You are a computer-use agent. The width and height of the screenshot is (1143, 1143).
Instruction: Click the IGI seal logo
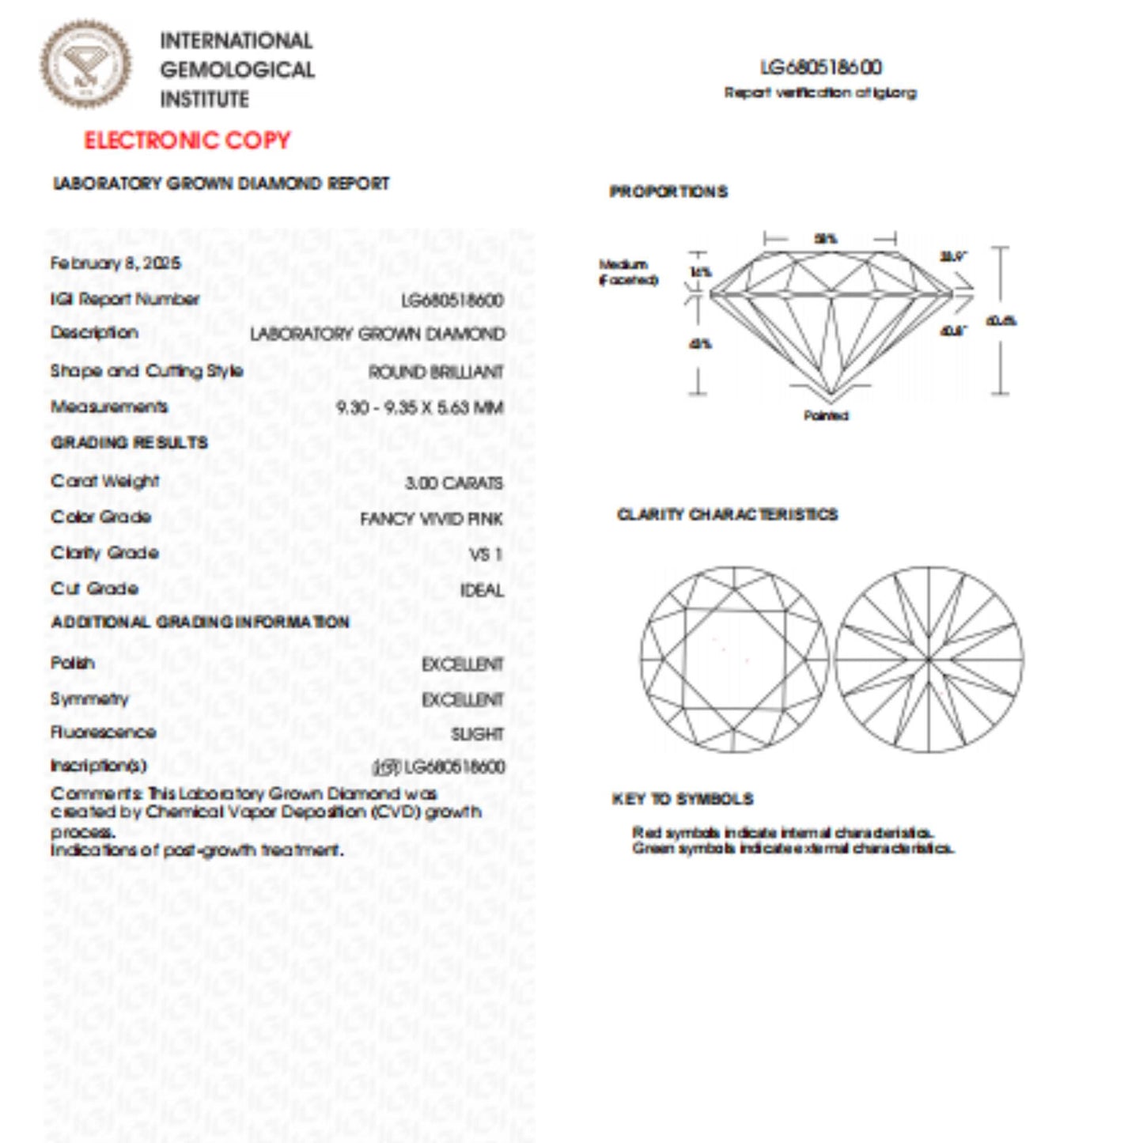coord(86,64)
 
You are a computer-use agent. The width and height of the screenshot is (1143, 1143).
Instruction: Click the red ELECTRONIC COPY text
coord(187,141)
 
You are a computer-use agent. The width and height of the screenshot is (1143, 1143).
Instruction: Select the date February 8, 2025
coord(115,263)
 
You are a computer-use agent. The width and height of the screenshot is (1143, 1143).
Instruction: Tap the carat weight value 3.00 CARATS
coord(453,483)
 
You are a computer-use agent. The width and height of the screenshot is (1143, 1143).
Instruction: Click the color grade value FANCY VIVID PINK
coord(431,519)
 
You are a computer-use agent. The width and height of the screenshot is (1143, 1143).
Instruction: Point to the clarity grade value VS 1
coord(486,554)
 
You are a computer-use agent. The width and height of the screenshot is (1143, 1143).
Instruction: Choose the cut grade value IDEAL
coord(482,590)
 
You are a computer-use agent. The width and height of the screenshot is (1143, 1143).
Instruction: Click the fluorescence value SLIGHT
coord(477,734)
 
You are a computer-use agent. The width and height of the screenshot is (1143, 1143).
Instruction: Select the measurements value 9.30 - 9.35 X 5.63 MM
coord(419,407)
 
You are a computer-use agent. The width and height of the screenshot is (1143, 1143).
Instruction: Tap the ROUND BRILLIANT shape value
coord(435,372)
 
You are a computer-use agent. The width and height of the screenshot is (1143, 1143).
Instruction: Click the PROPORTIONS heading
coord(668,191)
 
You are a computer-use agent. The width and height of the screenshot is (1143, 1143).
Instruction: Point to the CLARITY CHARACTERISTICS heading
coord(727,515)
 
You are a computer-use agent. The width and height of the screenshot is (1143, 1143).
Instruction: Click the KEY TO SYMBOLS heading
coord(683,799)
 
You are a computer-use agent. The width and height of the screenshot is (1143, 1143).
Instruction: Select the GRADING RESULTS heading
coord(129,442)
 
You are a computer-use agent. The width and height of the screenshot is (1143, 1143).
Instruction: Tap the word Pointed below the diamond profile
coord(826,415)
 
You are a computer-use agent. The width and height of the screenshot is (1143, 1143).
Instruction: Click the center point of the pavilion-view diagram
coord(929,659)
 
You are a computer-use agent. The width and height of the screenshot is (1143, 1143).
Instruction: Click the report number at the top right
coord(821,67)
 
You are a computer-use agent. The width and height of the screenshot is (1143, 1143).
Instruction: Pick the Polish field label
coord(72,663)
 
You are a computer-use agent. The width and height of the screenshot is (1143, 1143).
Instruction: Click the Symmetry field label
coord(89,698)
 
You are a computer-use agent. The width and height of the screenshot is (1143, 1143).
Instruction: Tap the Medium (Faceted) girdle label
coord(627,272)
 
